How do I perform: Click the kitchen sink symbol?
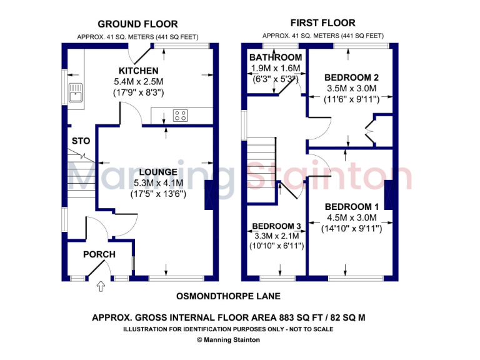coord(77,92)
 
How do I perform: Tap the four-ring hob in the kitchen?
coord(181,116)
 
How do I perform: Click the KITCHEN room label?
coord(138,71)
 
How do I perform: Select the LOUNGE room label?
coord(158,172)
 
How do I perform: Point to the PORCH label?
coord(99,254)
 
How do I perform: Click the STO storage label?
coord(81,141)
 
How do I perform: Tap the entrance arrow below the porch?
coord(101,287)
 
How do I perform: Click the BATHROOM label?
coord(276,57)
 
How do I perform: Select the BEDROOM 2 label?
coord(351,77)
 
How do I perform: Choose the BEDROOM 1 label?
coord(351,207)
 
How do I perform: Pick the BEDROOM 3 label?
coord(276,226)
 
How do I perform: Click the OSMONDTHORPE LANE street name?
coord(228,296)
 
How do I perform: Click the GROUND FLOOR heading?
coord(137,24)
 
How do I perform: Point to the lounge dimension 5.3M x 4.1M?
coord(158,183)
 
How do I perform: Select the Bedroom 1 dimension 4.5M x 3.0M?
coord(351,217)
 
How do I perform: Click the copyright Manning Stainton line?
coord(228,340)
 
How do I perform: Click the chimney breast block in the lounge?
coord(209,194)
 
